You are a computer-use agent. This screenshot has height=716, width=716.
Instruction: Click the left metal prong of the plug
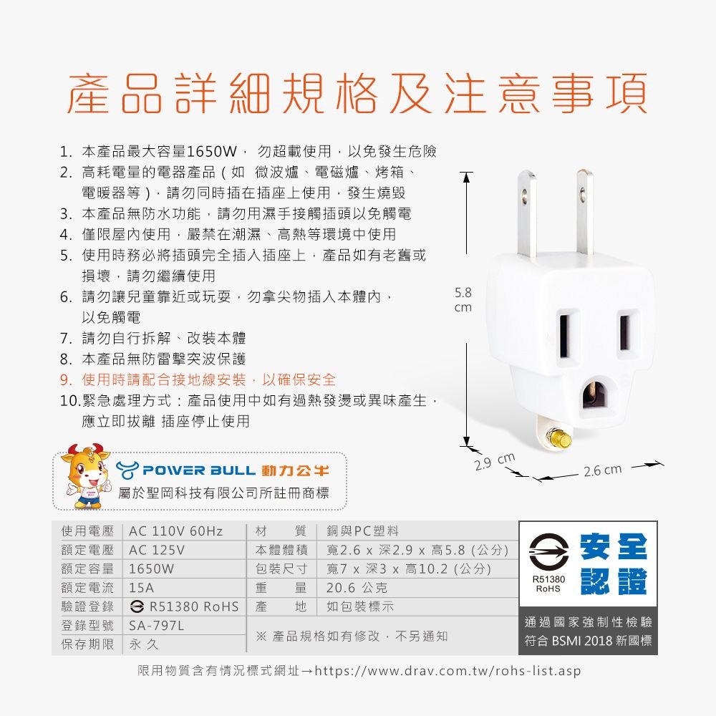point(528,215)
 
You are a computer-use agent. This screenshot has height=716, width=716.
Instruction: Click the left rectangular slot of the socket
point(566,336)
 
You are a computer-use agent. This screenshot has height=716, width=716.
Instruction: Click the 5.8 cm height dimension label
point(463,299)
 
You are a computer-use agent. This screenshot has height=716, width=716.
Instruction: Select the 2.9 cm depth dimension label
point(495,460)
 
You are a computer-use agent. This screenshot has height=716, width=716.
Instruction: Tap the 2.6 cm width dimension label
point(602,470)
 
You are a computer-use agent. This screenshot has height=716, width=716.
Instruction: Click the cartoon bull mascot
point(87,476)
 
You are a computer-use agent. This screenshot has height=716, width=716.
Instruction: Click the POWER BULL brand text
point(199,470)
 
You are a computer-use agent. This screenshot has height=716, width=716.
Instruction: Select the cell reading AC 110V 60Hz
point(176,531)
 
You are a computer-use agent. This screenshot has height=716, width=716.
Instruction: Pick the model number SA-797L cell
point(156,626)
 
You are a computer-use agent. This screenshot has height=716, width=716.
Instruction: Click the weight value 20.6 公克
point(357,588)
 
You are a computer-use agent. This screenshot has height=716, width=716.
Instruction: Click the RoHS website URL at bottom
point(448,671)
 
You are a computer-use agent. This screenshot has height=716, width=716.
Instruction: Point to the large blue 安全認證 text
point(614,564)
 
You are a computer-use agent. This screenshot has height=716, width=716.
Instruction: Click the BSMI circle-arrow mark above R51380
point(548,551)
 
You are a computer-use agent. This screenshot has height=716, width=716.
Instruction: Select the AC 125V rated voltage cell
point(157,550)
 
